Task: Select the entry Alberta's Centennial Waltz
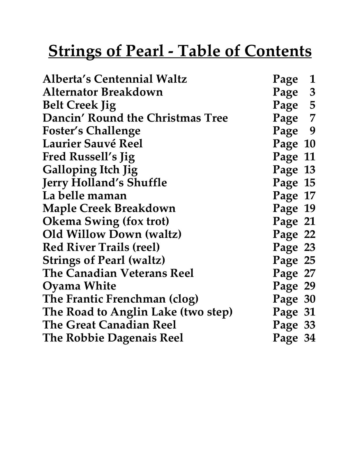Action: point(115,79)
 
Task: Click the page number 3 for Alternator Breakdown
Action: point(312,92)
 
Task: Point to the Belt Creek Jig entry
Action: point(79,105)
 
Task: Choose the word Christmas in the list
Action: point(174,118)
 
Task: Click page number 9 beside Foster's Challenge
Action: point(312,131)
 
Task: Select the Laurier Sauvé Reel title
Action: point(93,144)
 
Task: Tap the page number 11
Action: point(310,157)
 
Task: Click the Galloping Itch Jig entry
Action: point(90,170)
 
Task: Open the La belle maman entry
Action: point(85,195)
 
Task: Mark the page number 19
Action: point(310,209)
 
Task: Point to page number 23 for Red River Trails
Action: point(310,247)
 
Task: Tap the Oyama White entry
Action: point(79,286)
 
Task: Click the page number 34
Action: point(310,338)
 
